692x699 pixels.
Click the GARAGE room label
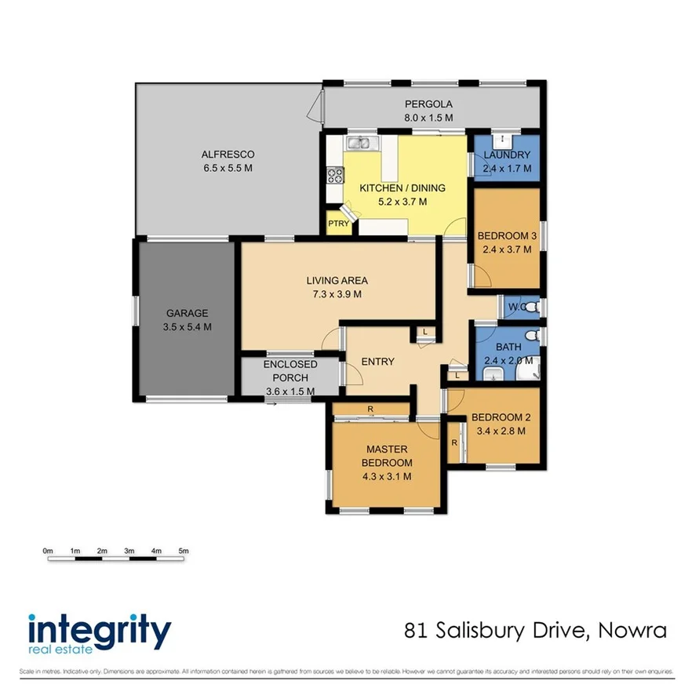[186, 313]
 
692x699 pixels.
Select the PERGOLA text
[428, 104]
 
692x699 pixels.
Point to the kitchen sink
[360, 143]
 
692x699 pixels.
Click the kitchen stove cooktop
[333, 175]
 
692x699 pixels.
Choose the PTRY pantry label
[339, 224]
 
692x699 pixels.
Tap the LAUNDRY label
[507, 155]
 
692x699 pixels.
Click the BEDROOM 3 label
[506, 236]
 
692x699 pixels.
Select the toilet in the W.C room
[530, 307]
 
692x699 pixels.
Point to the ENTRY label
[377, 362]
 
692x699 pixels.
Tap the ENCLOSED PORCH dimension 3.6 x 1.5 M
[290, 391]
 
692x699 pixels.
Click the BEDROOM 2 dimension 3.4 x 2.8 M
[501, 431]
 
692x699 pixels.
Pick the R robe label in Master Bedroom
[370, 409]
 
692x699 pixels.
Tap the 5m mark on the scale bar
[184, 551]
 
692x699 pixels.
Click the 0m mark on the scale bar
[47, 551]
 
